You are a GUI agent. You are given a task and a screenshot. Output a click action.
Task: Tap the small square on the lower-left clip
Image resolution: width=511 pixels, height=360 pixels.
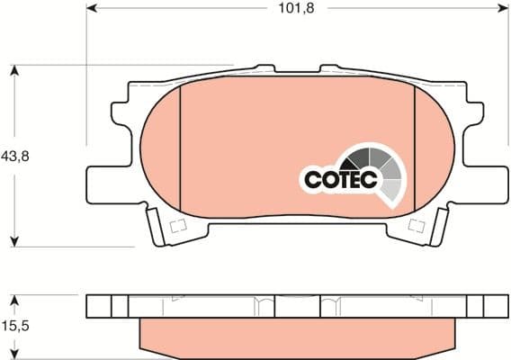176,225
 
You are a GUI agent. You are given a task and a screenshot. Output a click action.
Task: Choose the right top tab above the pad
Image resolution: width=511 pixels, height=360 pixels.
329,70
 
